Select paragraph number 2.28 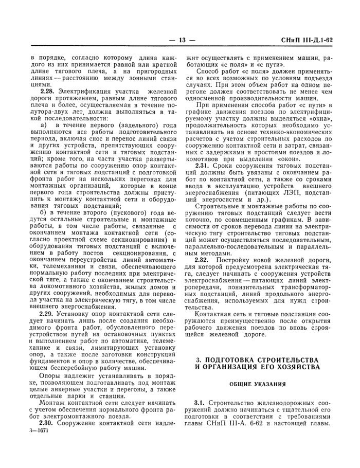pos(47,91)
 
